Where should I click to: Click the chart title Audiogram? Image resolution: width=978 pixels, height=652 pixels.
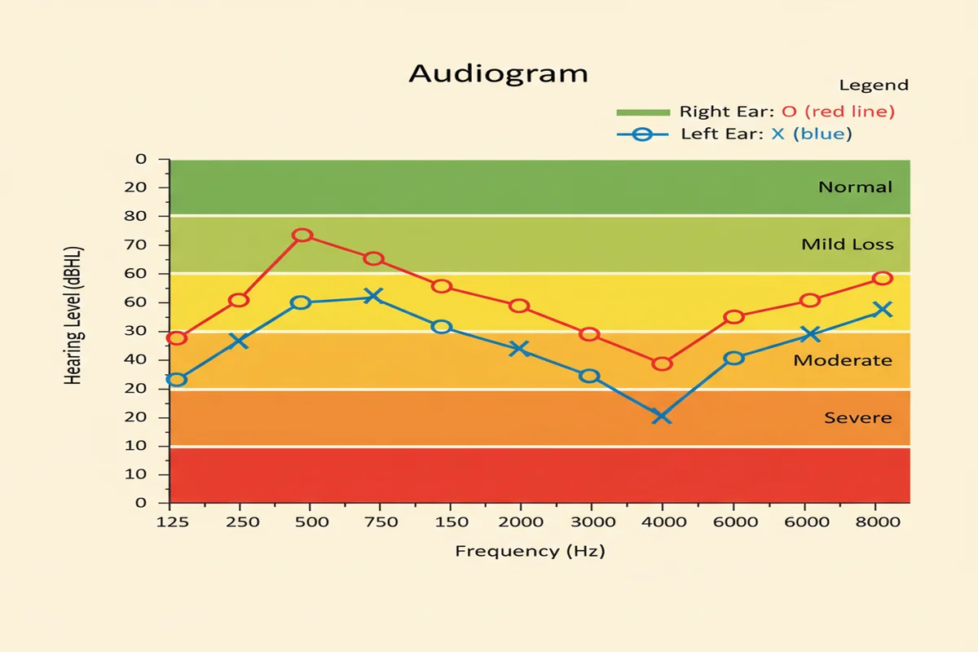click(498, 73)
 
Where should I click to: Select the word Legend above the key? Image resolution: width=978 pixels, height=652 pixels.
click(873, 86)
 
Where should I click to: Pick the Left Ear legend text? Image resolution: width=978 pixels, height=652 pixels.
click(766, 134)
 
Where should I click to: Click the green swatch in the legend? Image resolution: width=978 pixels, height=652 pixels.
click(642, 112)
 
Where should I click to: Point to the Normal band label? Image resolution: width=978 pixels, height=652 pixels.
click(855, 187)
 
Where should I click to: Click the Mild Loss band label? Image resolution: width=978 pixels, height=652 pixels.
click(847, 244)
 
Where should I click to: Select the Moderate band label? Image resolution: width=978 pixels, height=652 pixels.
click(843, 360)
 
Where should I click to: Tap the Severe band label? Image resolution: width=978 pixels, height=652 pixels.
click(857, 418)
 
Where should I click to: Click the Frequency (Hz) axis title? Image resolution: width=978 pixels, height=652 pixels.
click(530, 551)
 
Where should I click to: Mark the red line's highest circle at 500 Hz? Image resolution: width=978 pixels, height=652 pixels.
click(302, 236)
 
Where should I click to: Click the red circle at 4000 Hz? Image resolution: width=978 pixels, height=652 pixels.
click(662, 363)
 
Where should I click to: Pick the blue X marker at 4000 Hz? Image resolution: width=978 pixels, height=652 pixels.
click(661, 416)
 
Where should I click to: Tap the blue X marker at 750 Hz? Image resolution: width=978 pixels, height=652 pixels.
click(373, 296)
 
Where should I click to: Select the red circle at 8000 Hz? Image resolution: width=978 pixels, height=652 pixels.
click(883, 279)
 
